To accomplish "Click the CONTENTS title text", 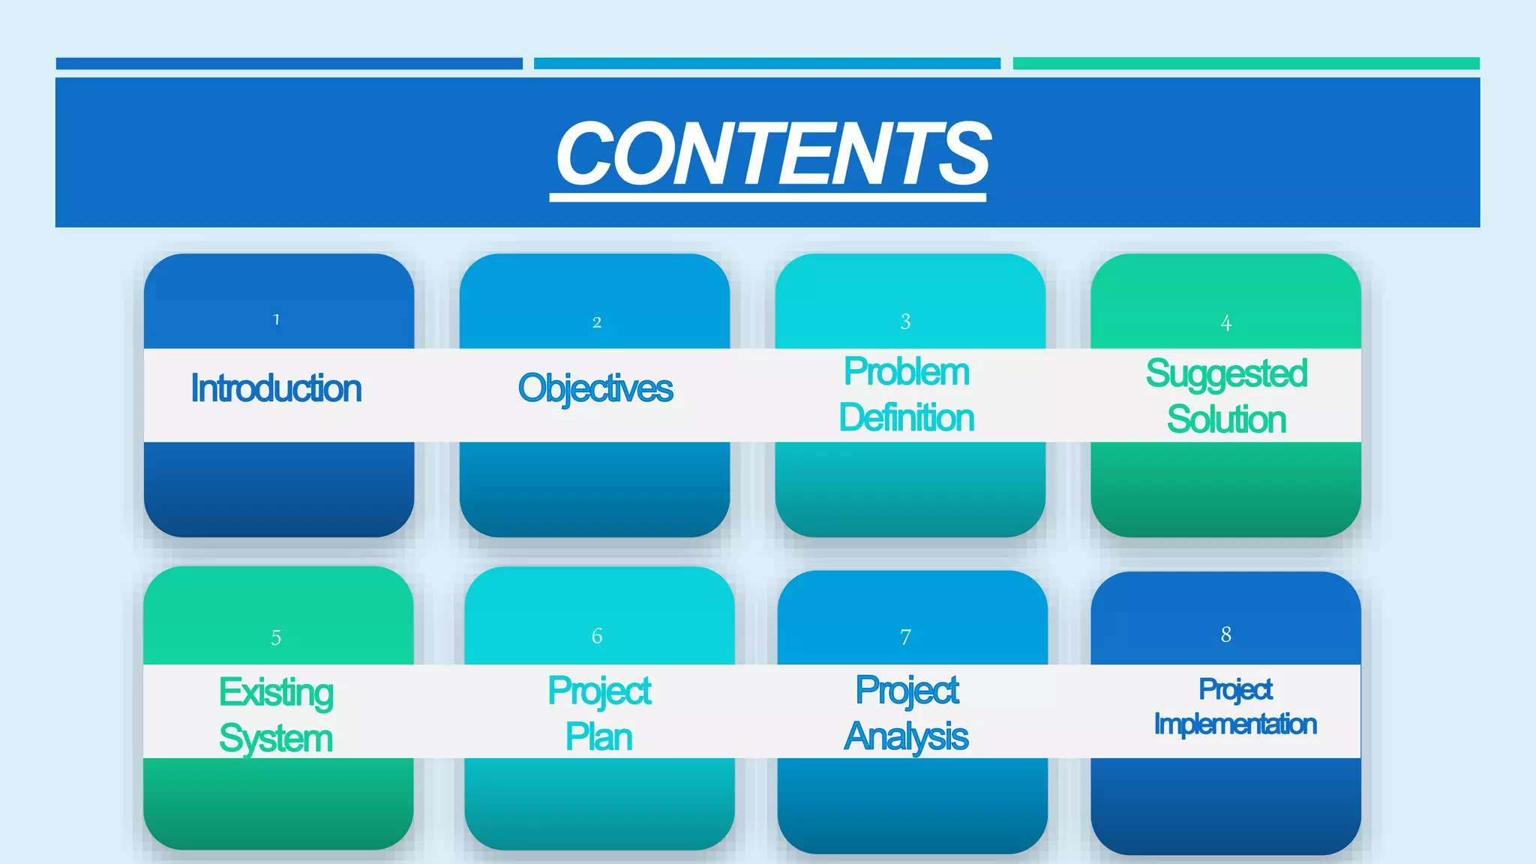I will [x=772, y=154].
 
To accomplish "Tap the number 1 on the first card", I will [x=277, y=319].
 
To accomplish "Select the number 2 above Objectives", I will [x=597, y=322].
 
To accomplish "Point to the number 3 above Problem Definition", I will [x=906, y=322].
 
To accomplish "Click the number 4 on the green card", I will [x=1226, y=323].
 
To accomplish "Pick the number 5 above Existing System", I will [x=276, y=637].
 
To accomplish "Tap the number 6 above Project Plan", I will [x=597, y=636].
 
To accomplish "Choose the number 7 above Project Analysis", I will [x=906, y=637].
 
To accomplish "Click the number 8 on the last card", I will [x=1226, y=634].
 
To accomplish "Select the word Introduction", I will [x=276, y=388].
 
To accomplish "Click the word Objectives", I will [x=595, y=388].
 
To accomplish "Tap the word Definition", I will [x=907, y=418].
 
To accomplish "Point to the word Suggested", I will [x=1227, y=373].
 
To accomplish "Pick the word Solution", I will [x=1227, y=419].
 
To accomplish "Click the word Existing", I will [x=276, y=691].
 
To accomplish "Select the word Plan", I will [x=599, y=736].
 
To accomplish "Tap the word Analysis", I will [x=907, y=736].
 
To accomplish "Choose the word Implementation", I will [x=1235, y=724].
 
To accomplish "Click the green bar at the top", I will [x=1246, y=64].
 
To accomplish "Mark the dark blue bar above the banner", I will [x=289, y=64].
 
